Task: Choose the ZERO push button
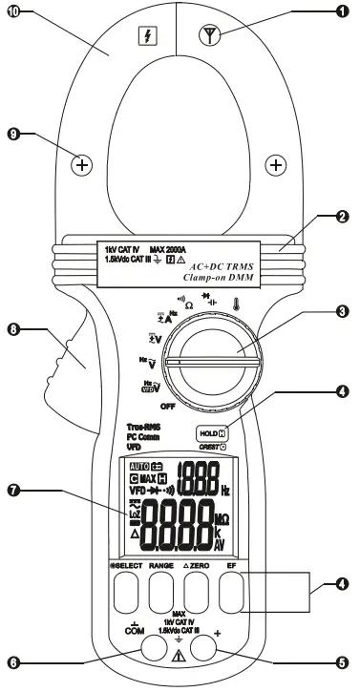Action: (198, 596)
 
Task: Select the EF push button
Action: (231, 596)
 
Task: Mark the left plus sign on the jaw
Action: (82, 165)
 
